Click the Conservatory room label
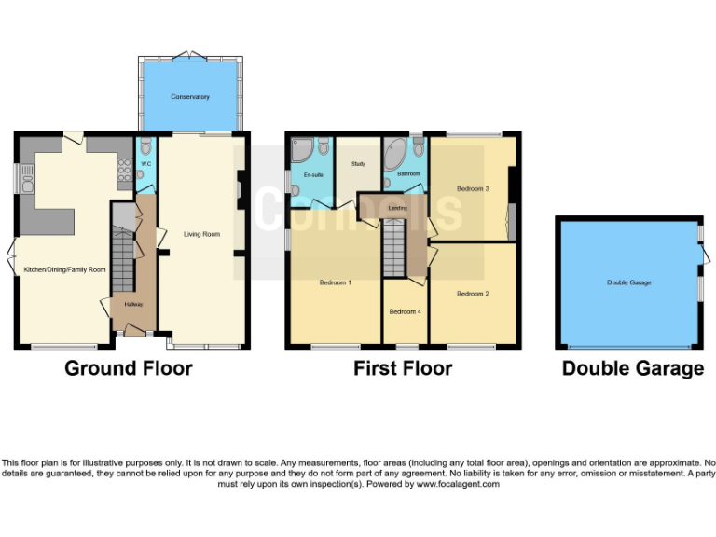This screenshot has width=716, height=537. click(x=189, y=97)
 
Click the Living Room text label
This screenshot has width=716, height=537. click(x=202, y=234)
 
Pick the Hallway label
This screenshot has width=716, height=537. click(x=121, y=305)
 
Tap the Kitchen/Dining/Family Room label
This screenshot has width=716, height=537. click(x=64, y=269)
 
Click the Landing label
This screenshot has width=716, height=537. click(x=398, y=207)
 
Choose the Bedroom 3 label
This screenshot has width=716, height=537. click(x=473, y=188)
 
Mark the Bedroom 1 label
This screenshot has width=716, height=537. click(x=335, y=282)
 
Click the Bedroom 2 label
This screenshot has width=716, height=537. click(x=473, y=294)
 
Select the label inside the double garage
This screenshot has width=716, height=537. click(x=629, y=282)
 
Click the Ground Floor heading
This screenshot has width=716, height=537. click(x=129, y=368)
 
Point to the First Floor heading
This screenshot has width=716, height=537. click(x=403, y=368)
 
